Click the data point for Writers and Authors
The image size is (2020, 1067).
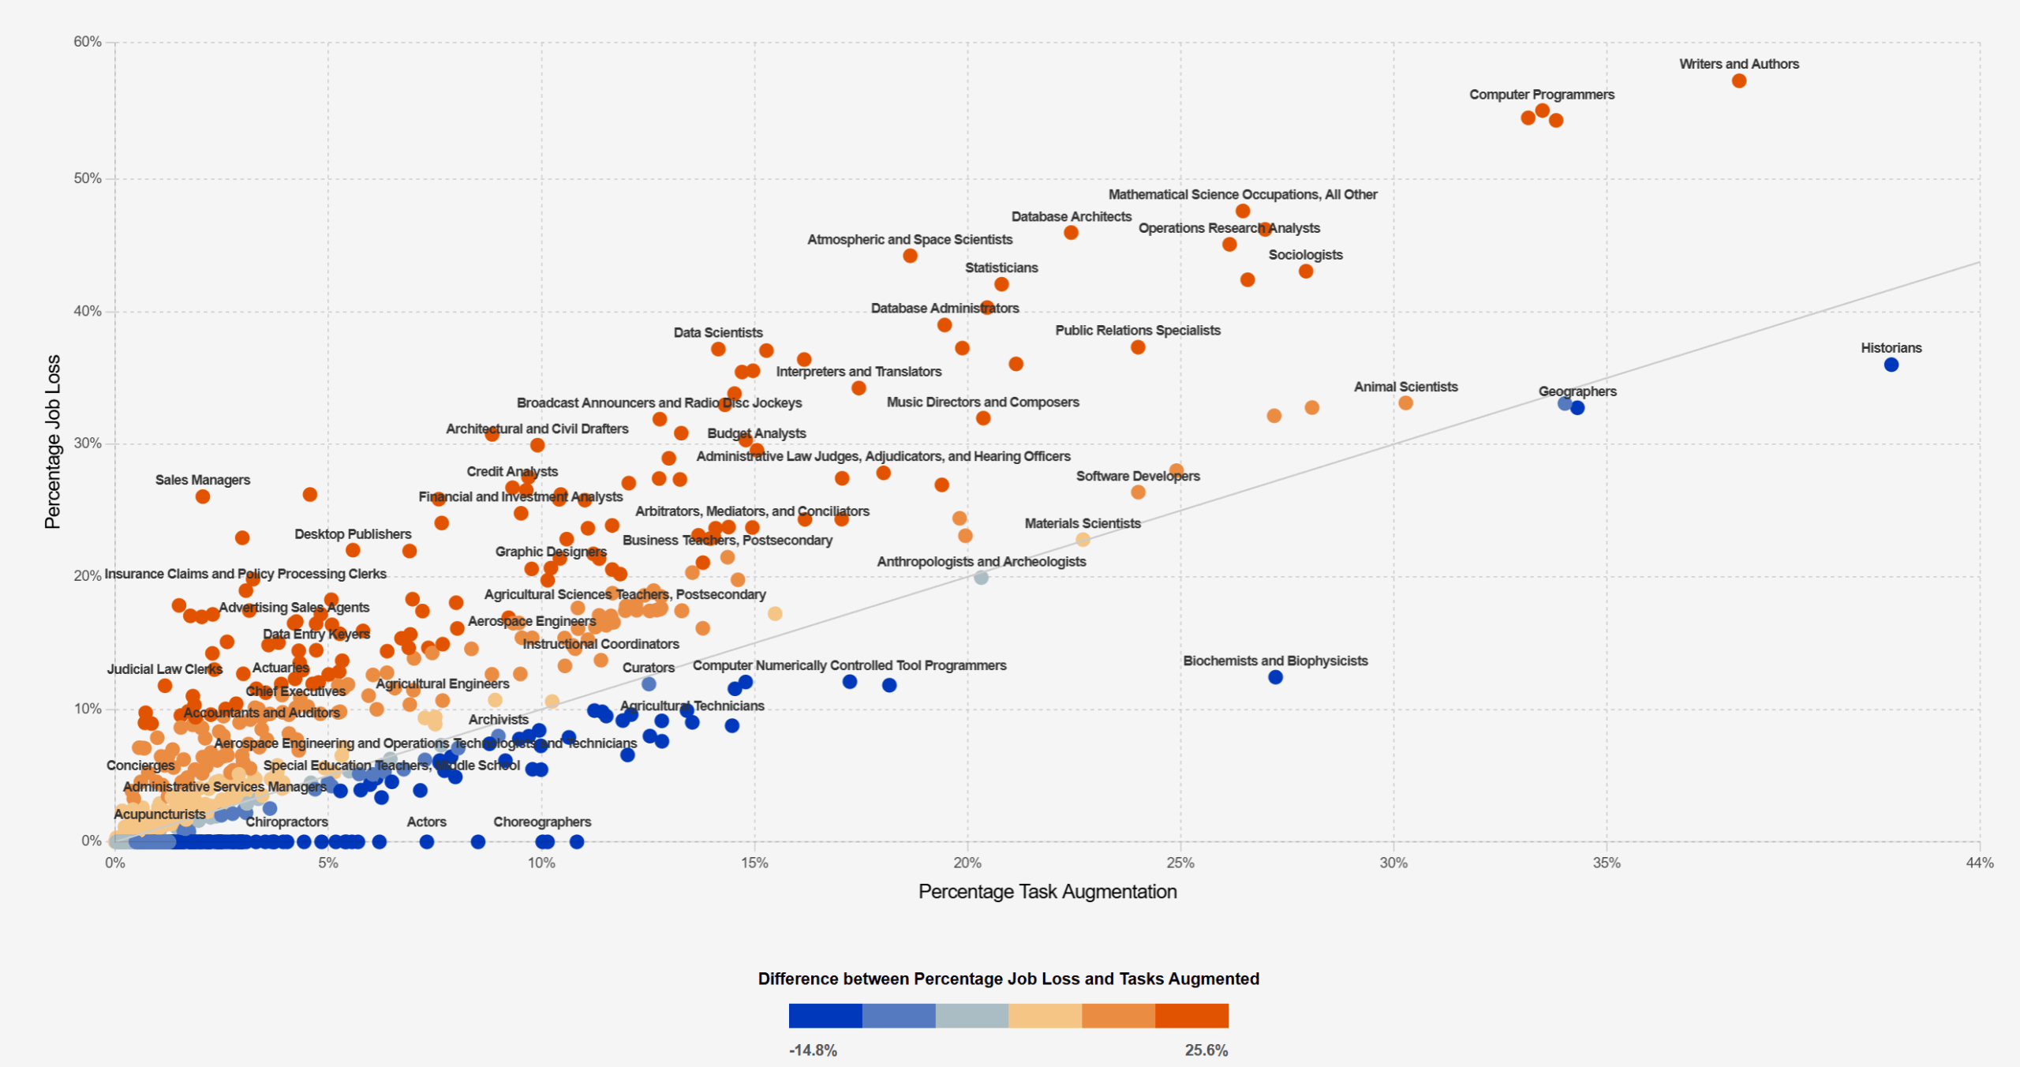pos(1738,81)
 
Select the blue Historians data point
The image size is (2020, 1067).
pos(1891,365)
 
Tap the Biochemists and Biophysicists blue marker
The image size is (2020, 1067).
pos(1275,677)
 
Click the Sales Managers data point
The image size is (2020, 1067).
pos(203,496)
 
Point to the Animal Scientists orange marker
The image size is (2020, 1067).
pos(1405,403)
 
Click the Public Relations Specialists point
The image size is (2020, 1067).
pos(1138,347)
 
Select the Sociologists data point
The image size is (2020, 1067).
pos(1306,271)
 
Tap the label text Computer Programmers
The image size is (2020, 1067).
pos(1541,95)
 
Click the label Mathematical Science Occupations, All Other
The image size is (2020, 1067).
pos(1242,195)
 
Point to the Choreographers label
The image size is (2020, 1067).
pos(542,822)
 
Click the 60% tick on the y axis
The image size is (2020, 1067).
pos(88,42)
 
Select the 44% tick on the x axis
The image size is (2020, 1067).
pos(1979,863)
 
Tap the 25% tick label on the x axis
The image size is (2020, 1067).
pos(1180,863)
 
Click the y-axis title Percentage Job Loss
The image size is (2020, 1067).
pos(53,442)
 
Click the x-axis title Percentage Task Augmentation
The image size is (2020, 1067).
pos(1047,892)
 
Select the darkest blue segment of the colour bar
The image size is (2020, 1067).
pos(825,1016)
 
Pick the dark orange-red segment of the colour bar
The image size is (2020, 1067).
pos(1191,1016)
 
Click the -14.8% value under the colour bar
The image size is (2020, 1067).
pos(813,1050)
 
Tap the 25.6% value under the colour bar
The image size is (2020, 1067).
pos(1206,1050)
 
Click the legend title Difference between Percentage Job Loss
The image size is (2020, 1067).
pos(1008,979)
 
